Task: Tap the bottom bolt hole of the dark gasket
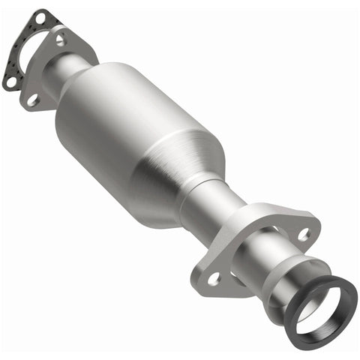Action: point(10,82)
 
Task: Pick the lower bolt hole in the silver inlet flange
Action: point(33,98)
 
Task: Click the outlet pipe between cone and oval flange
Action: point(217,214)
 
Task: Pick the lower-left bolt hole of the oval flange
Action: point(214,278)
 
